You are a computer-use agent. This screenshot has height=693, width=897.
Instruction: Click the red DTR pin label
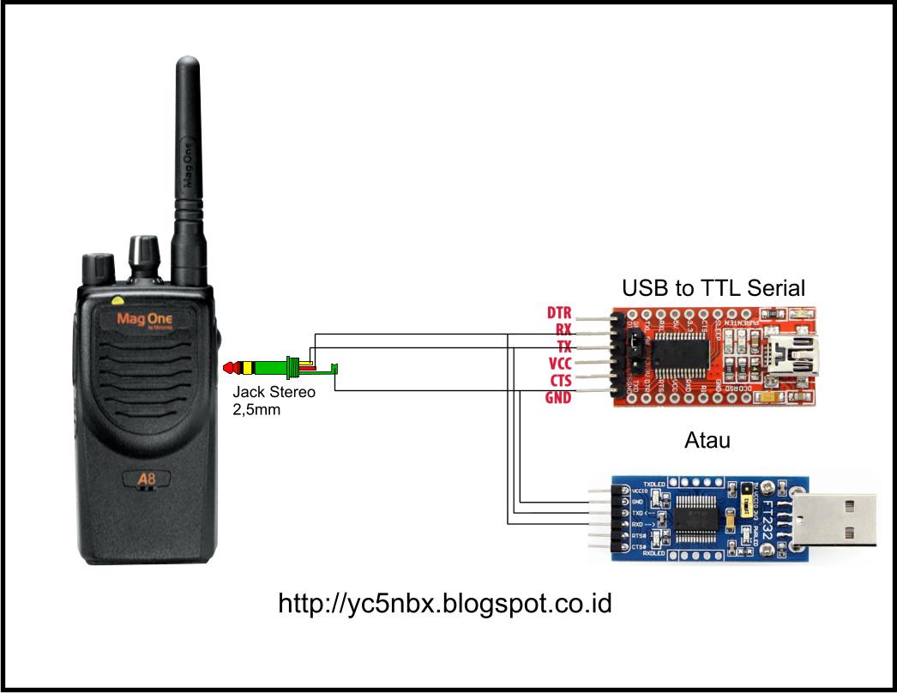pyautogui.click(x=559, y=313)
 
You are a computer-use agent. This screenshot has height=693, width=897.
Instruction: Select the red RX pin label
pyautogui.click(x=563, y=329)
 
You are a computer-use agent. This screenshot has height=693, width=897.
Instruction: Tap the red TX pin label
pyautogui.click(x=563, y=346)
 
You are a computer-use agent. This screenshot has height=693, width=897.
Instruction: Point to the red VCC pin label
pyautogui.click(x=559, y=363)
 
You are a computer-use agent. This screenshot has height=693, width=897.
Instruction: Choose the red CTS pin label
pyautogui.click(x=560, y=380)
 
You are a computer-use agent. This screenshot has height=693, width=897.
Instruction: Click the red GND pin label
pyautogui.click(x=558, y=397)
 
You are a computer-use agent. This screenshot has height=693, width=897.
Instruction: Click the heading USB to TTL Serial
pyautogui.click(x=713, y=287)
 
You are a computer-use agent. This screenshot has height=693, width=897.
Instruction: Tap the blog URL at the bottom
pyautogui.click(x=445, y=603)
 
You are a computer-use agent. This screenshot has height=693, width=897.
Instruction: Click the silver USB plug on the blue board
pyautogui.click(x=833, y=520)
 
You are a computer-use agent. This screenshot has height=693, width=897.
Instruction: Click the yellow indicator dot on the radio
pyautogui.click(x=117, y=301)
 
